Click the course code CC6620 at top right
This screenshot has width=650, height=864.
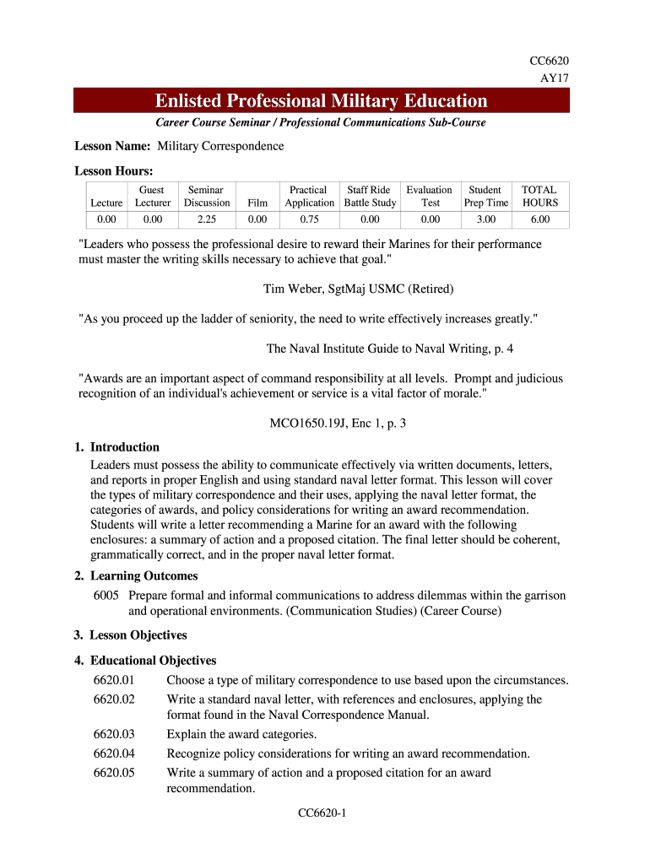coord(548,62)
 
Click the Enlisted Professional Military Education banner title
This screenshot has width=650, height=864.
coord(321,102)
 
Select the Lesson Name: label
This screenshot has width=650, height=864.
coord(112,146)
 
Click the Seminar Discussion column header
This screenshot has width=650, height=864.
coord(207,197)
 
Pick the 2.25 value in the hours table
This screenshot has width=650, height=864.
coord(207,219)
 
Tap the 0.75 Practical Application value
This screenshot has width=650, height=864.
coord(309,219)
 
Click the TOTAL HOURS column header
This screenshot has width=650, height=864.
coord(539,197)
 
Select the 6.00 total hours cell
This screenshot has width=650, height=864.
coord(539,219)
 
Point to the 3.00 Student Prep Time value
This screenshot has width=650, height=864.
coord(485,219)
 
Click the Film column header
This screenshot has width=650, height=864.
coord(257,202)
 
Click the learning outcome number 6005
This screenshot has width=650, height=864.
coord(107,596)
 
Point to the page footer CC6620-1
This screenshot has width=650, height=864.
coord(323,813)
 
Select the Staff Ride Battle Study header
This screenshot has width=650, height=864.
coord(369,197)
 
